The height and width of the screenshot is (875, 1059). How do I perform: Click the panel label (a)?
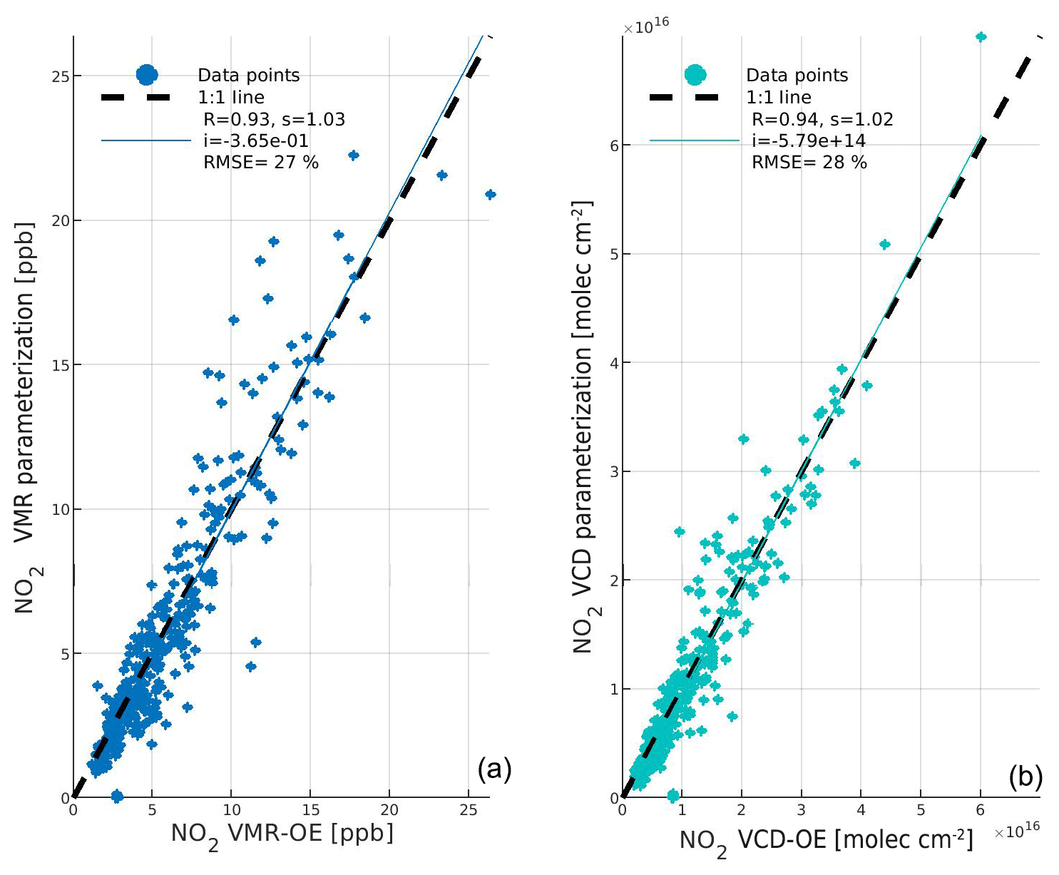[494, 769]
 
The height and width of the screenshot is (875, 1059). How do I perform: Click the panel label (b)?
[1025, 777]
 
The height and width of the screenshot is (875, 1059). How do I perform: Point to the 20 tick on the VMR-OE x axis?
[389, 810]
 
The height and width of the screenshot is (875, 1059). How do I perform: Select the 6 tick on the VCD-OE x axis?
[980, 810]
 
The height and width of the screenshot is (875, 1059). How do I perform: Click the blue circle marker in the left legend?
[146, 74]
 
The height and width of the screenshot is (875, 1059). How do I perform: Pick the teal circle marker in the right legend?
[694, 74]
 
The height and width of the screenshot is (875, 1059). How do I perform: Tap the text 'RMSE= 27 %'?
[261, 163]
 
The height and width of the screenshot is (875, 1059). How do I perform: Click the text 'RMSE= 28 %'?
[809, 163]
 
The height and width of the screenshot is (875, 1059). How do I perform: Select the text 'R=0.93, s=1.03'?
[275, 119]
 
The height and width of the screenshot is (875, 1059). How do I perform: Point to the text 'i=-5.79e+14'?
[809, 140]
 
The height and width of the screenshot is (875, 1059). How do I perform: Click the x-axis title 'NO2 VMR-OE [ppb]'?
[282, 834]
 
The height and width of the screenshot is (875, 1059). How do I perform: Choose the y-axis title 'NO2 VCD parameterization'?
[583, 428]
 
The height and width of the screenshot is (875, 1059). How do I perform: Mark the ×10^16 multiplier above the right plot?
[646, 27]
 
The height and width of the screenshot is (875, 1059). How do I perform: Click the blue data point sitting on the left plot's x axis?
[117, 796]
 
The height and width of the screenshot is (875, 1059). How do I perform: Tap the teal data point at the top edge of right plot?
[981, 37]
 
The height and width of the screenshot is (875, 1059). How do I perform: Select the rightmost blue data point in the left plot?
[490, 194]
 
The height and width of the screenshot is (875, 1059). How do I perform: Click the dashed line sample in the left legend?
[146, 97]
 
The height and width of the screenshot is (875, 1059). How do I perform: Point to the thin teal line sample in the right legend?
[694, 141]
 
